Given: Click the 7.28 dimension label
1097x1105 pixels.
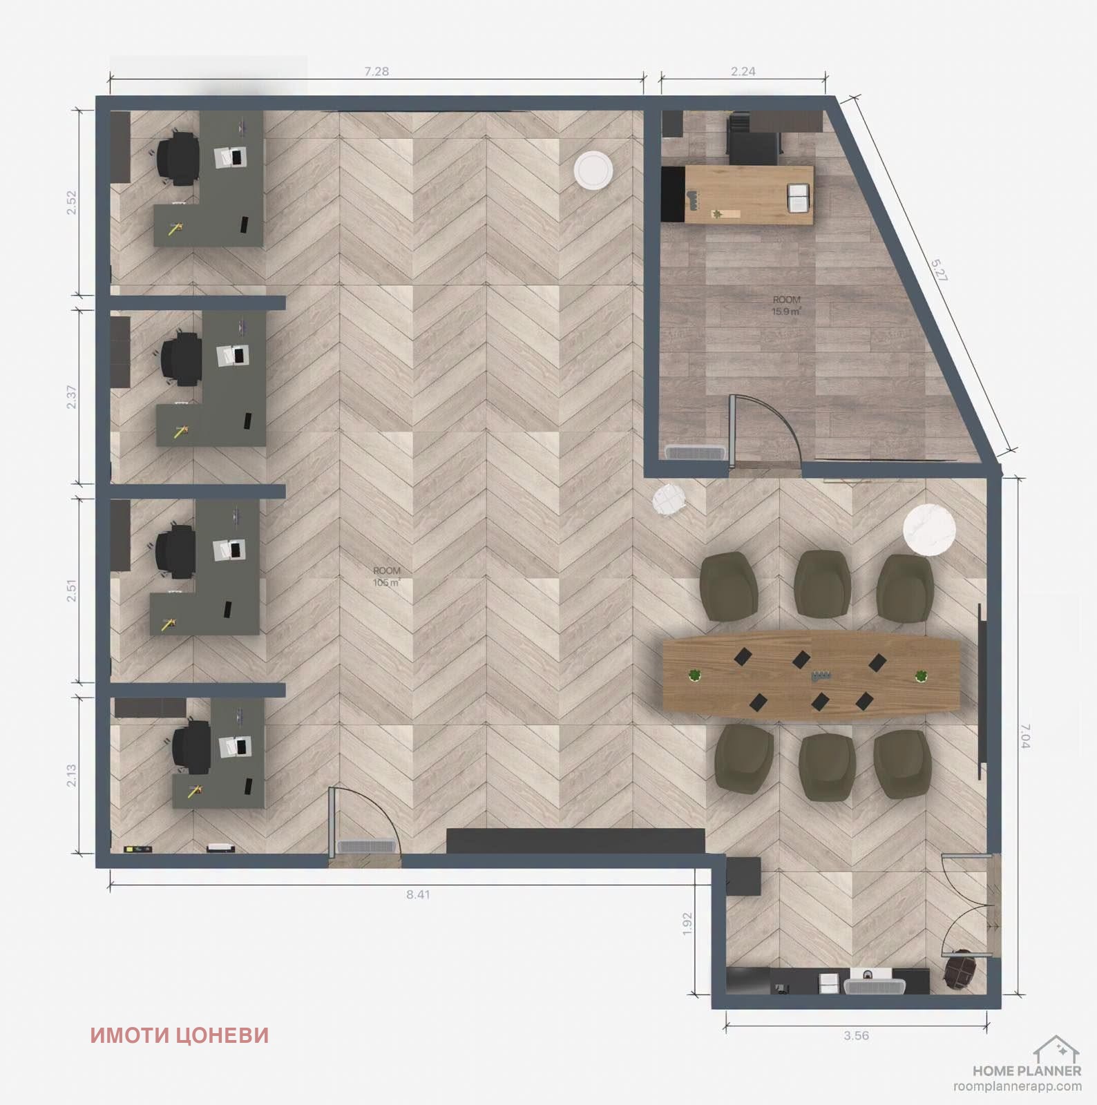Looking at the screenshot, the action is click(376, 71).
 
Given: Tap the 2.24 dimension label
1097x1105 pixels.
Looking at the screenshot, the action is click(743, 71).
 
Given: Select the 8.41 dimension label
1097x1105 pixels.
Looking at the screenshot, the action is click(418, 894).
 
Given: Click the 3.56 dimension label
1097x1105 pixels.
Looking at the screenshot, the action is click(856, 1035).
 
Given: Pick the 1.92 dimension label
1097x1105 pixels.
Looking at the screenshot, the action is click(687, 925).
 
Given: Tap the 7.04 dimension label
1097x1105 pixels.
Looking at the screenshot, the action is click(1024, 736).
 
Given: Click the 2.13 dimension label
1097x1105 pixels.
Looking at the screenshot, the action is click(71, 776).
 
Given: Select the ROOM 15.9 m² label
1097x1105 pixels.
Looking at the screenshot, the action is click(786, 305).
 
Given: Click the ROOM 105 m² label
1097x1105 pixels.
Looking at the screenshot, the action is click(387, 577).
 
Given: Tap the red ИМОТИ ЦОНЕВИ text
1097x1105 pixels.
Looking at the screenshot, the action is click(180, 1035).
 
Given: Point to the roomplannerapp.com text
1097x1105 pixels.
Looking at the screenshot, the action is click(1018, 1086).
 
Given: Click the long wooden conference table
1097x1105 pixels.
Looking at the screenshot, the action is click(811, 674).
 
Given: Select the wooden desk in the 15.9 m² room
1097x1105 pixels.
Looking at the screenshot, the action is click(749, 195).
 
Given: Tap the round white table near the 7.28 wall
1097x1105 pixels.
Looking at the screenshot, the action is click(593, 170).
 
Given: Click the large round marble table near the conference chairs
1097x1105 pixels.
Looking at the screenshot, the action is click(930, 530).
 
